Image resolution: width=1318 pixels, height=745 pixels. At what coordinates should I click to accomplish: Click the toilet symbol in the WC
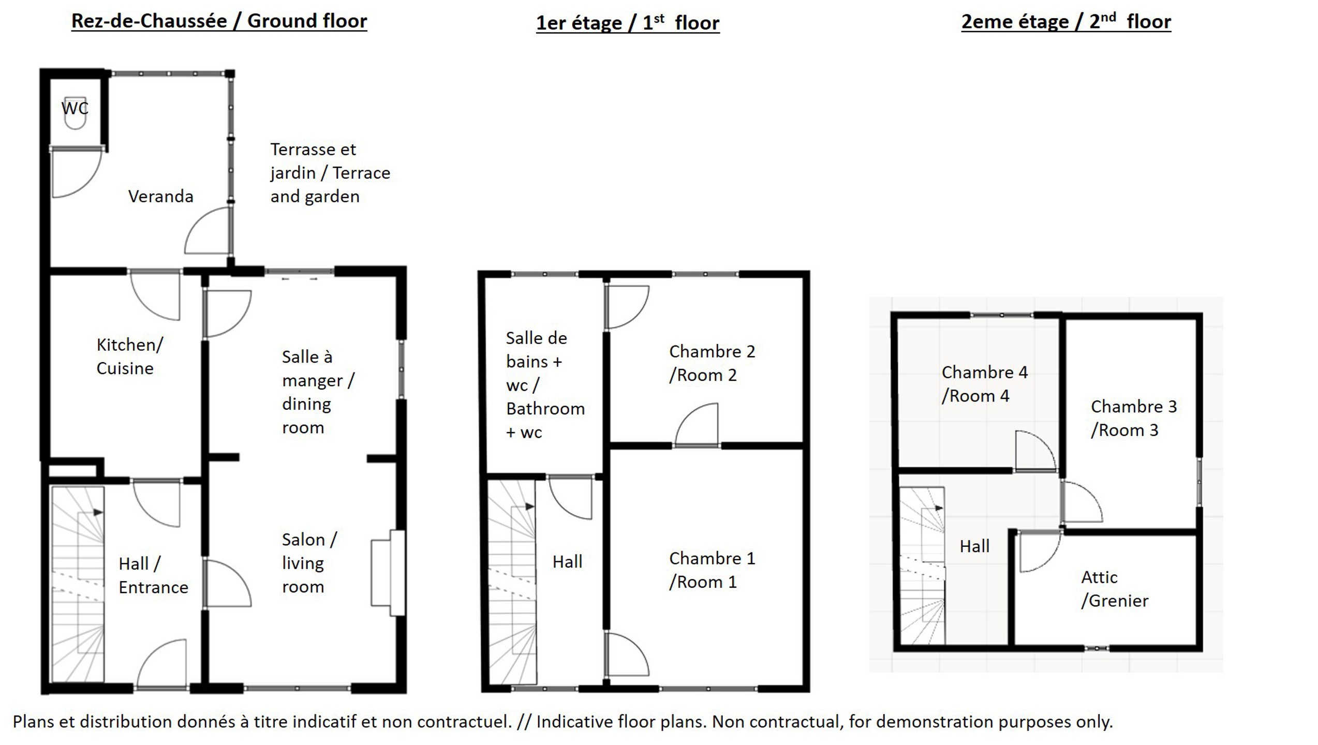coord(75,113)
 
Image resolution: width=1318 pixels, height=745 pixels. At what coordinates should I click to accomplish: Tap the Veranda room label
coord(160,197)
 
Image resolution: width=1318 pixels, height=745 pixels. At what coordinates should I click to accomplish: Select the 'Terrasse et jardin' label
coord(313,161)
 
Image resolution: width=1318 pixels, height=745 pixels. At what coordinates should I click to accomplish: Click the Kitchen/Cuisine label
coord(129,356)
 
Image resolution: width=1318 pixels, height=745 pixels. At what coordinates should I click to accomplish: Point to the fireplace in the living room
coord(388,573)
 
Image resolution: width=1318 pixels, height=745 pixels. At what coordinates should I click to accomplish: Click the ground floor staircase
coord(78,584)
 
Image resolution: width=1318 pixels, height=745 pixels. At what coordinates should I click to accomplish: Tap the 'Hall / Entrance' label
coord(153,575)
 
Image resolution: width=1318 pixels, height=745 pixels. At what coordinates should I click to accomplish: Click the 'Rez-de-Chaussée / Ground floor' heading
coord(219,21)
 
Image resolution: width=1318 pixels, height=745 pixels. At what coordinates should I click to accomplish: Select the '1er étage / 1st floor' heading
coord(628,23)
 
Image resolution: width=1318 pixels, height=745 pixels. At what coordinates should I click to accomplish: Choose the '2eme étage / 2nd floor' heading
coord(1066,22)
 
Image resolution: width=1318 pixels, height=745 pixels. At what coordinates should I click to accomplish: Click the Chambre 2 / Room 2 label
coord(712,363)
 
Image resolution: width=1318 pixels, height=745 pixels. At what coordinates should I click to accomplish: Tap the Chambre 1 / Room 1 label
coord(712,570)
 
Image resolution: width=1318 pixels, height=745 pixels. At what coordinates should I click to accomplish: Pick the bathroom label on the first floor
coord(545,385)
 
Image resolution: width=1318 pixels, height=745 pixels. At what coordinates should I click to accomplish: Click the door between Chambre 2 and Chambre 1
coord(697,425)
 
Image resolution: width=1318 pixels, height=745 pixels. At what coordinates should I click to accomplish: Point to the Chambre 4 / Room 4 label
coord(984,384)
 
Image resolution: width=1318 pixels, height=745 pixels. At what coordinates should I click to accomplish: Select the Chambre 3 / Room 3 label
coord(1134,418)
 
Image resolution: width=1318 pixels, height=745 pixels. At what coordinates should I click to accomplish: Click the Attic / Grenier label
coord(1115,589)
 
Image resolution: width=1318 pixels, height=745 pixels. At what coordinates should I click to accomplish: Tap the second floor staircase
coord(922,566)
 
